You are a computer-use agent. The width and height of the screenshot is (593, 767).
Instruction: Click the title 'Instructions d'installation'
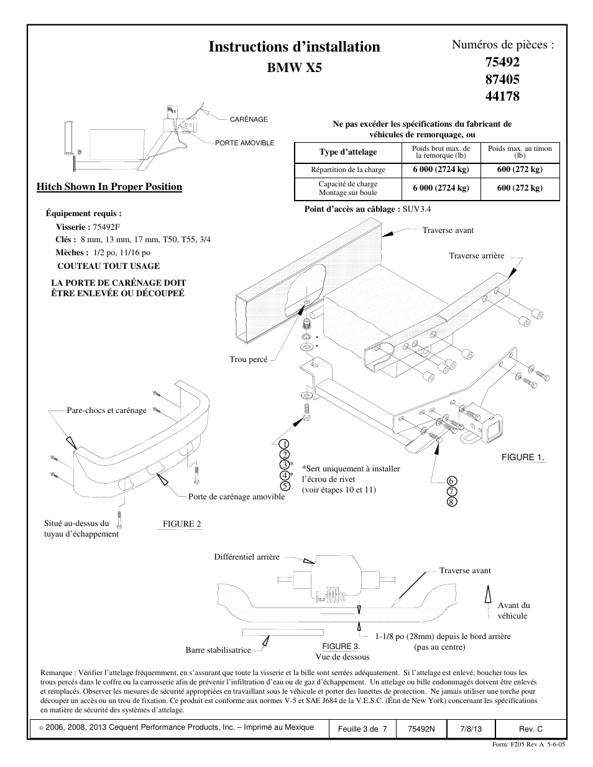click(x=294, y=47)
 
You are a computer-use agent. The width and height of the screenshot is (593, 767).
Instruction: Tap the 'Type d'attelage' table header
click(x=348, y=152)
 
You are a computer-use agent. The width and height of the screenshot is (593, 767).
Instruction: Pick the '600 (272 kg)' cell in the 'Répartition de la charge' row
click(x=520, y=170)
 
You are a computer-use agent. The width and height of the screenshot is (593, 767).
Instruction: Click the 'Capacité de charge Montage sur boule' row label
click(x=348, y=188)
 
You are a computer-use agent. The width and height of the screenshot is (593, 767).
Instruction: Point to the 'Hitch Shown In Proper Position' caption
click(x=109, y=187)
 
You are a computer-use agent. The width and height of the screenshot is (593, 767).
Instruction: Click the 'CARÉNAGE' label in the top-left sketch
click(x=249, y=119)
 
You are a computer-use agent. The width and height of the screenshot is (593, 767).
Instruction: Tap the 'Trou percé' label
click(x=249, y=360)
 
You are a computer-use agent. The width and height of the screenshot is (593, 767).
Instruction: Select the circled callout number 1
click(x=283, y=443)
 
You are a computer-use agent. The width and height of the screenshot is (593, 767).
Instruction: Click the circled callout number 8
click(x=452, y=501)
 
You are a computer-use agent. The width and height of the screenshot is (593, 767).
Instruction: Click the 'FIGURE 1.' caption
click(x=523, y=458)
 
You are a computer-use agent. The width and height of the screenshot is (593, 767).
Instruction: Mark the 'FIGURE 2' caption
click(x=182, y=524)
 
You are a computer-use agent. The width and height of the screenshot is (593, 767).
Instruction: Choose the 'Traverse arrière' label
click(x=477, y=256)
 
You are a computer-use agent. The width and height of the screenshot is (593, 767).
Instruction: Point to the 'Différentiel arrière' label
click(x=247, y=557)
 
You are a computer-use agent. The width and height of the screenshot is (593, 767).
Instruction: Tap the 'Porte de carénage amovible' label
click(x=236, y=497)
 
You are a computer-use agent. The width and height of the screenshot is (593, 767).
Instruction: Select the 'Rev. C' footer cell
click(x=530, y=728)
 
